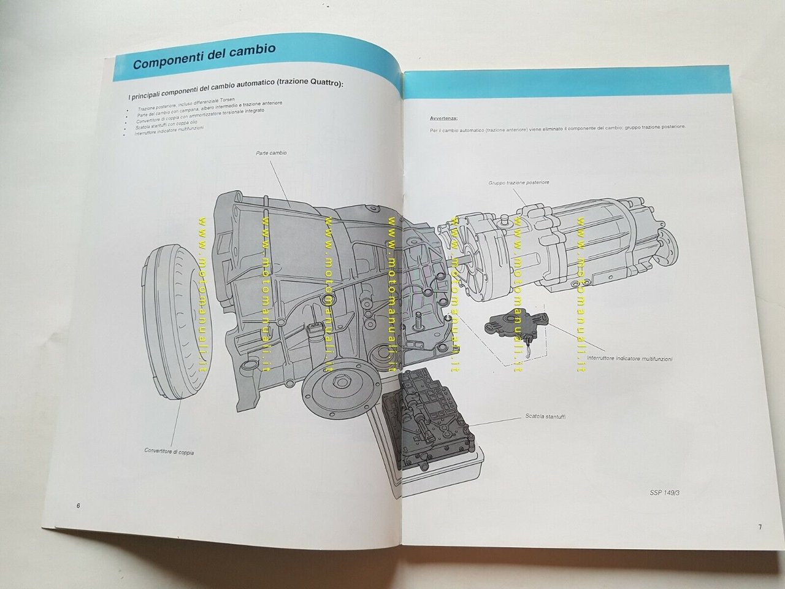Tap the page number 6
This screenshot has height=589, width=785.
(78, 506)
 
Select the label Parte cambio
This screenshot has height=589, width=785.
(271, 153)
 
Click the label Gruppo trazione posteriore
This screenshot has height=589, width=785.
(518, 182)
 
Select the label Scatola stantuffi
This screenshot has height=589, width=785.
(545, 417)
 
